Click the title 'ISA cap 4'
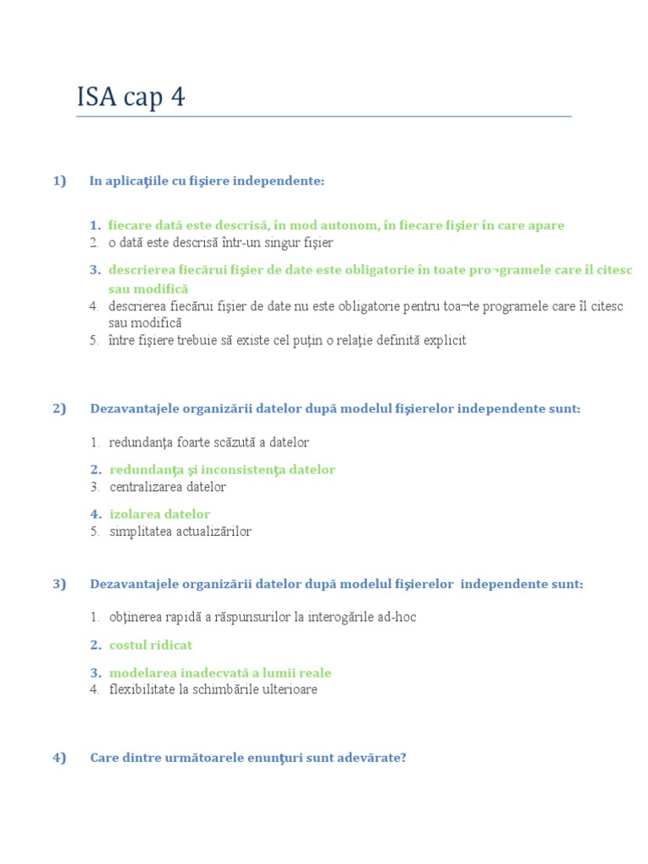pos(131,98)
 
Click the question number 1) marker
pos(59,181)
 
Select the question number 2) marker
pos(59,408)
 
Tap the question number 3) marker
pos(59,584)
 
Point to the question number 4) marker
pos(59,758)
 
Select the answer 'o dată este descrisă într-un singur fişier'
pos(221,243)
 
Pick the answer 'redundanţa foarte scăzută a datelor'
pos(209,442)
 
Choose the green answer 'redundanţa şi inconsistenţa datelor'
pos(222,469)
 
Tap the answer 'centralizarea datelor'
pos(168,487)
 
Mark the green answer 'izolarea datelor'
pos(159,514)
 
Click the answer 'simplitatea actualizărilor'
pos(181,532)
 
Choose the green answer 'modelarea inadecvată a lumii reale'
pos(219,672)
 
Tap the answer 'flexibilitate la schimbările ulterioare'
pos(213,689)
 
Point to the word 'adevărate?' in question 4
pos(375,758)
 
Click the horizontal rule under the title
pos(323,116)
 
